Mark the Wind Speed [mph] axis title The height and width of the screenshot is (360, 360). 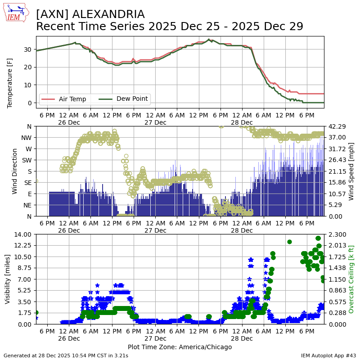coord(351,171)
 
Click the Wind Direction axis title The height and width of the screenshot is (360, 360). coord(15,171)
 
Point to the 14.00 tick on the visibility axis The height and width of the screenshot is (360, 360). coord(23,234)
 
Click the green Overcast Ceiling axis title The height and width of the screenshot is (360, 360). coord(351,279)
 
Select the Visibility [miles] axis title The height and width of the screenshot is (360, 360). coord(8,279)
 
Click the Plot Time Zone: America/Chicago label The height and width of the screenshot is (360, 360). coord(180,347)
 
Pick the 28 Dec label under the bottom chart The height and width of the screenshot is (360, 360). coord(242,338)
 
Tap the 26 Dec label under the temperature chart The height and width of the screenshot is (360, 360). coord(69,122)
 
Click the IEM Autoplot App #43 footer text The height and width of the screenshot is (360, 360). coord(328,355)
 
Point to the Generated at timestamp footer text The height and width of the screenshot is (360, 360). coord(66,355)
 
